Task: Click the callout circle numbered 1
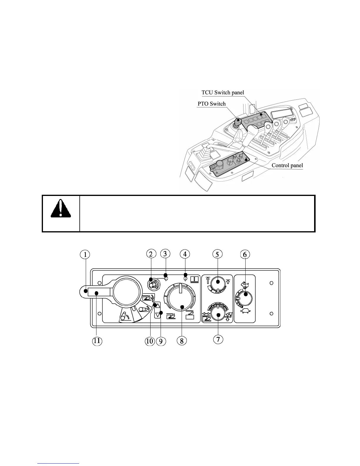click(85, 254)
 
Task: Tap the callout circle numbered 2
click(151, 254)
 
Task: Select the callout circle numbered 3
click(165, 254)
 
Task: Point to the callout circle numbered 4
click(185, 254)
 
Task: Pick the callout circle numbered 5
click(217, 254)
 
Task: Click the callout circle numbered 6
click(245, 254)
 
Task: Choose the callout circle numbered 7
click(218, 339)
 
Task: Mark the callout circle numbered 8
click(182, 341)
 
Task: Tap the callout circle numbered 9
click(161, 341)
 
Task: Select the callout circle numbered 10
click(149, 341)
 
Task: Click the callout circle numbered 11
click(97, 341)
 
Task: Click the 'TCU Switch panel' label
click(223, 92)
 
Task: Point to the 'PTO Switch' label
click(211, 104)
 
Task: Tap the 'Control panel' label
click(287, 165)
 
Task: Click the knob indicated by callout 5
click(218, 283)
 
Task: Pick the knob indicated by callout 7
click(218, 314)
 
